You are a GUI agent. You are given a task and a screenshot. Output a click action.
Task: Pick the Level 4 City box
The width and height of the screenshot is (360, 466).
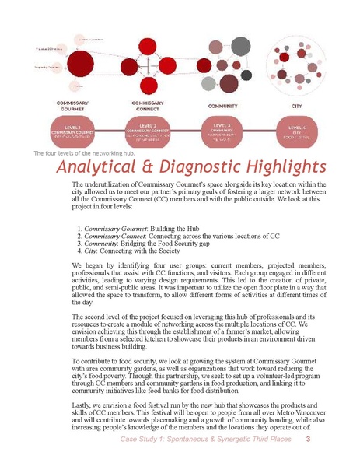(x=296, y=130)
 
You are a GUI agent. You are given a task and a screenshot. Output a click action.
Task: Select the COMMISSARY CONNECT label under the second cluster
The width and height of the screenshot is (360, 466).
(x=148, y=106)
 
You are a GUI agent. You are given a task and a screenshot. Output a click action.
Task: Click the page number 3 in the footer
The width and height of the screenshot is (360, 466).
(x=309, y=441)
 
